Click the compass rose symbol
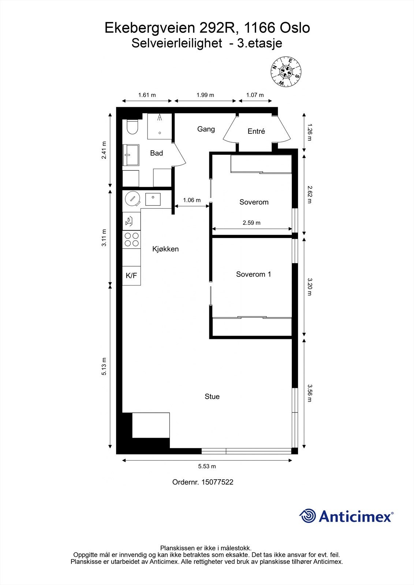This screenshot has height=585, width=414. point(286,72)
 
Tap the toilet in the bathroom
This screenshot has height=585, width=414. point(131,128)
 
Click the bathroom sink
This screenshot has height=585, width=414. point(131,155)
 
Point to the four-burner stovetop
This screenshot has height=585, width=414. point(131,239)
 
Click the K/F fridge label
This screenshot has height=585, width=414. point(131,276)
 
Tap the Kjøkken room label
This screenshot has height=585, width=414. point(165,249)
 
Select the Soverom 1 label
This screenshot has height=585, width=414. point(253,274)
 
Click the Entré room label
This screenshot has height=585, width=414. point(256,131)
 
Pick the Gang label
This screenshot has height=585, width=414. point(206,129)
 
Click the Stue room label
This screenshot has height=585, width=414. point(212,397)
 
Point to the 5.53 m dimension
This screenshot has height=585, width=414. point(207,466)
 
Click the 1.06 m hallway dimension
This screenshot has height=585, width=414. point(192,200)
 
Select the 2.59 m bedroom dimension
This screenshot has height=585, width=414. point(251,223)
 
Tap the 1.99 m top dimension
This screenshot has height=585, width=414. point(205,95)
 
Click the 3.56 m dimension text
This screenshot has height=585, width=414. point(309,393)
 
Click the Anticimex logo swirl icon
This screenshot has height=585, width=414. point(307,516)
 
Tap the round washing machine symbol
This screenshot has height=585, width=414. point(132,199)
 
